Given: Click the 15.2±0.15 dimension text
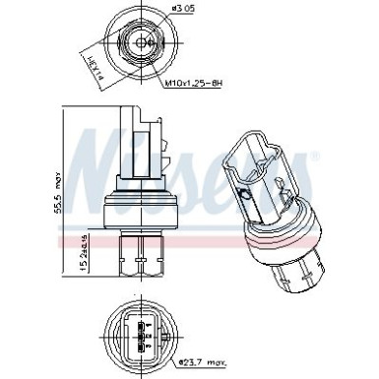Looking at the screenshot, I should (83, 251).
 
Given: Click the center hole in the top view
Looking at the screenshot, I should (146, 41).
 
